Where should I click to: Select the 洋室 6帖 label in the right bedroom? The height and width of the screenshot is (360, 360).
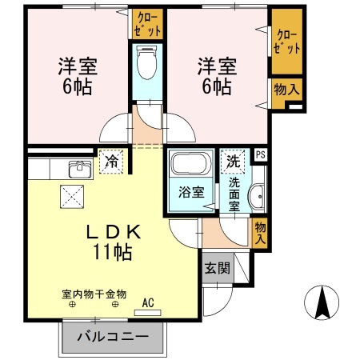tap(214, 74)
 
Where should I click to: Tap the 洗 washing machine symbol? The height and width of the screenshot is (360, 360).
tap(233, 160)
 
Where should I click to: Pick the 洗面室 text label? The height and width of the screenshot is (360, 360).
tap(234, 193)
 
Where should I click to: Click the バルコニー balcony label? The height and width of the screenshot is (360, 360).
tap(113, 337)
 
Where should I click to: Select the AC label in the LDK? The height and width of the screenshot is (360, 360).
tap(147, 302)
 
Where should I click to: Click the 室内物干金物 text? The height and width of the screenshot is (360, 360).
tap(94, 294)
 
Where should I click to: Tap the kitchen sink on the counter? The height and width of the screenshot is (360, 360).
tap(80, 170)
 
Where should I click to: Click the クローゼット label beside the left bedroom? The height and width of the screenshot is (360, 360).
tap(149, 23)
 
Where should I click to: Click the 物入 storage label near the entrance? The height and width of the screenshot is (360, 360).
tap(260, 233)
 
